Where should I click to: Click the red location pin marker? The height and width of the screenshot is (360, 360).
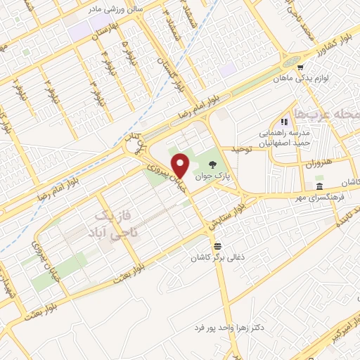[182, 165]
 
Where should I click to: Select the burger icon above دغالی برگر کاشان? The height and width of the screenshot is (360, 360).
[218, 246]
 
